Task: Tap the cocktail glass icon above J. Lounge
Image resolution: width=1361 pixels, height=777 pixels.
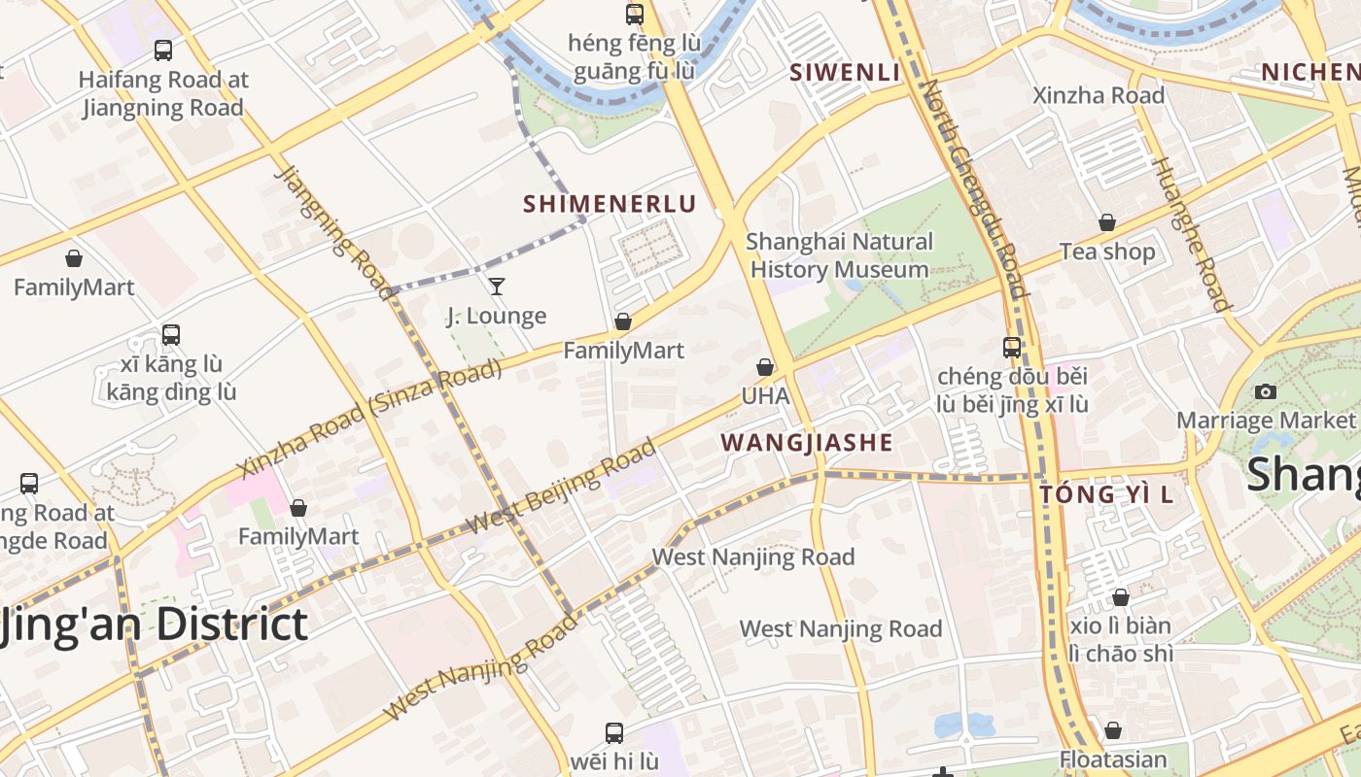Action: [497, 286]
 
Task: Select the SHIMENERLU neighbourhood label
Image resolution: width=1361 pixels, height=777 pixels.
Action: [610, 204]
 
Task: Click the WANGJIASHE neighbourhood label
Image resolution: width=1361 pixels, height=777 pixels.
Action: [806, 443]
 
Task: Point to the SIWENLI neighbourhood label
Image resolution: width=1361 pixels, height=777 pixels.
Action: [845, 72]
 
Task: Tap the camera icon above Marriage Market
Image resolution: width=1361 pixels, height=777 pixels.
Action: [1265, 391]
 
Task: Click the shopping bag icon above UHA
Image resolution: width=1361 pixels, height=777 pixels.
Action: [765, 367]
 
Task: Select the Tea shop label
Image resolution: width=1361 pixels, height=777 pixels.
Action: [1107, 252]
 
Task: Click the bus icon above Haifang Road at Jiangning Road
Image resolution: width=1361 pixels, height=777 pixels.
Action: [163, 50]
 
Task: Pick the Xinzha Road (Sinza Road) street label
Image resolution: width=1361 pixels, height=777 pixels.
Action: [369, 418]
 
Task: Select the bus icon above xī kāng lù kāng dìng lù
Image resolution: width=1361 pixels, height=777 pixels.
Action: [171, 334]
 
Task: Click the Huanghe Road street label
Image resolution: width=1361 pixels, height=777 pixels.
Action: [1190, 234]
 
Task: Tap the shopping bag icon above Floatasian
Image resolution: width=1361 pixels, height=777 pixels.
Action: [1112, 729]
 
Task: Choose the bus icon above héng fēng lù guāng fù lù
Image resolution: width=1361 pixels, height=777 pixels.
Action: [635, 14]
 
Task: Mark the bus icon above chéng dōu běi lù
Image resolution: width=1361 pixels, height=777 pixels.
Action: [1012, 347]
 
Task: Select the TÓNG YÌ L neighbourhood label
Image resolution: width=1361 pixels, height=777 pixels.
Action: [1106, 494]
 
